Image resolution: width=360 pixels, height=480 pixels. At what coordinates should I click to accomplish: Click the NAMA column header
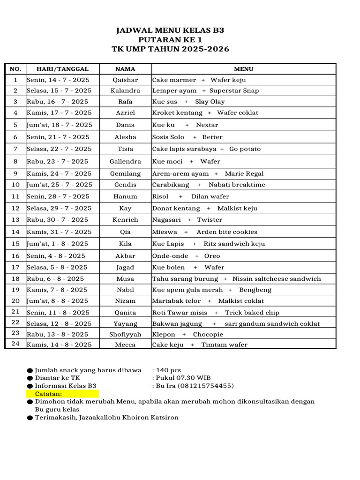pyautogui.click(x=125, y=69)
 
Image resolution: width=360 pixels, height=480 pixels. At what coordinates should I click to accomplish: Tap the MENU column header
pyautogui.click(x=243, y=69)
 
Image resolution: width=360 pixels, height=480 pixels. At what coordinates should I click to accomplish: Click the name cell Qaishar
pyautogui.click(x=125, y=80)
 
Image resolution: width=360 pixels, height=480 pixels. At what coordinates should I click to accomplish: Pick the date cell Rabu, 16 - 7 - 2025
pyautogui.click(x=57, y=101)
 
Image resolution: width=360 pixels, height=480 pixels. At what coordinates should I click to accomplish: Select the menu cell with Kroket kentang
pyautogui.click(x=205, y=112)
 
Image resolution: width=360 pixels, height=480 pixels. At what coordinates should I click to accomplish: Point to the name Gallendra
pyautogui.click(x=125, y=161)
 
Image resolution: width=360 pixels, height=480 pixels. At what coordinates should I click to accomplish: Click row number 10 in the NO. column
pyautogui.click(x=15, y=185)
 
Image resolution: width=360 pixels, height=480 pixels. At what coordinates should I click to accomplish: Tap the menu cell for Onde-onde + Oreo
pyautogui.click(x=186, y=256)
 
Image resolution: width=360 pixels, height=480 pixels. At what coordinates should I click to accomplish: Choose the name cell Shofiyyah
pyautogui.click(x=125, y=334)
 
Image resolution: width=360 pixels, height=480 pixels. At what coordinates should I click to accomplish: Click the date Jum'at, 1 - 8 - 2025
pyautogui.click(x=57, y=244)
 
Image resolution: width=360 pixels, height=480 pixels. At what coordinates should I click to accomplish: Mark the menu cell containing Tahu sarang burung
pyautogui.click(x=236, y=278)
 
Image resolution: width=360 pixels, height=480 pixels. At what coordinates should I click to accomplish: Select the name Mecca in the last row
pyautogui.click(x=125, y=345)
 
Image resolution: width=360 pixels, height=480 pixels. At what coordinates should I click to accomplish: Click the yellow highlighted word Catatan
pyautogui.click(x=48, y=394)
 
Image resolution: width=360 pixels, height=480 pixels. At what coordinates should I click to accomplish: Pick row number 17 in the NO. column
pyautogui.click(x=15, y=267)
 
